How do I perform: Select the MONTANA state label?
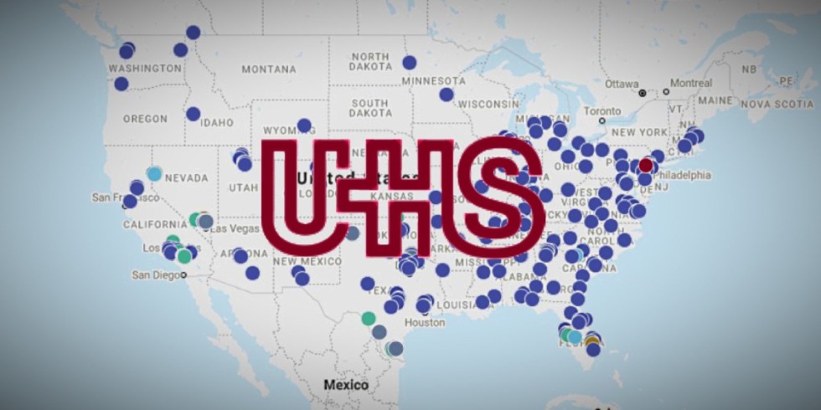click(x=269, y=69)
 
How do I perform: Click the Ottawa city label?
click(x=622, y=84)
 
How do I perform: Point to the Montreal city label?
click(x=691, y=84)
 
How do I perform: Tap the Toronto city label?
click(x=602, y=110)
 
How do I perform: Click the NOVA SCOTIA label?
click(x=777, y=104)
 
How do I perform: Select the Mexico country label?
click(x=346, y=385)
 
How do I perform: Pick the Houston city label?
click(x=424, y=322)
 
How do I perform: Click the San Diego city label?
click(x=156, y=274)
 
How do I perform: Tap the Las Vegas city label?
click(x=231, y=228)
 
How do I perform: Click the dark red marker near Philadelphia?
click(x=645, y=166)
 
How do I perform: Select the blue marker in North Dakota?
click(x=409, y=62)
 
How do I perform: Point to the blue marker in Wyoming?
click(x=304, y=126)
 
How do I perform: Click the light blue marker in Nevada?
click(x=154, y=173)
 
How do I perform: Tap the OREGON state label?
click(x=145, y=119)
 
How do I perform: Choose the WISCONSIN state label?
click(x=488, y=104)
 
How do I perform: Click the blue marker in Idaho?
click(x=193, y=114)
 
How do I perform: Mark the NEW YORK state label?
click(x=640, y=132)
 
